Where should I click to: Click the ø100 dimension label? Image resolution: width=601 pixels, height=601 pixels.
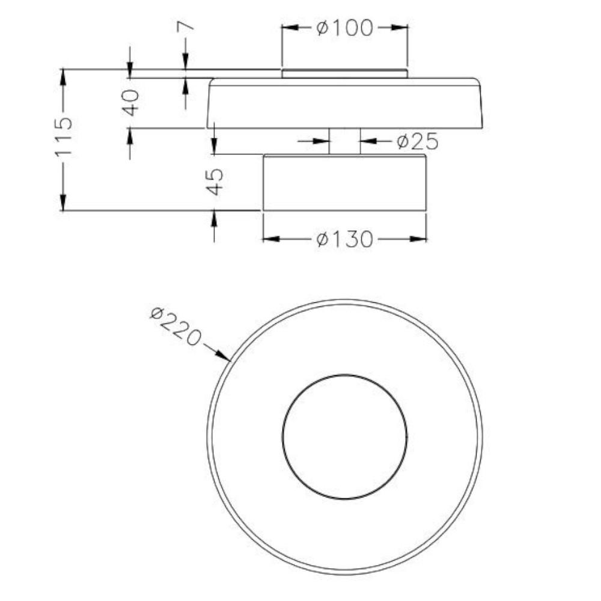pyautogui.click(x=344, y=28)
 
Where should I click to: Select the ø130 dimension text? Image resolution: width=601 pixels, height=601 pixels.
pyautogui.click(x=344, y=239)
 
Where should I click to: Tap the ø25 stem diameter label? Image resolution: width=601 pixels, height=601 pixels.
pyautogui.click(x=418, y=141)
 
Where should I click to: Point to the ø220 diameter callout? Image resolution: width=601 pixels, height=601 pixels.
pyautogui.click(x=175, y=326)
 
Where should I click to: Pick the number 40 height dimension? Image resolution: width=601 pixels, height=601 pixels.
pyautogui.click(x=130, y=102)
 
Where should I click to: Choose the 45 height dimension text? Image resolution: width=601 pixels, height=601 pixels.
pyautogui.click(x=215, y=182)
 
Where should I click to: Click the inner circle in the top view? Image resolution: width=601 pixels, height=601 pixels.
pyautogui.click(x=283, y=436)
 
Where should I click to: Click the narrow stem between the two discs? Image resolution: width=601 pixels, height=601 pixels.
pyautogui.click(x=344, y=141)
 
